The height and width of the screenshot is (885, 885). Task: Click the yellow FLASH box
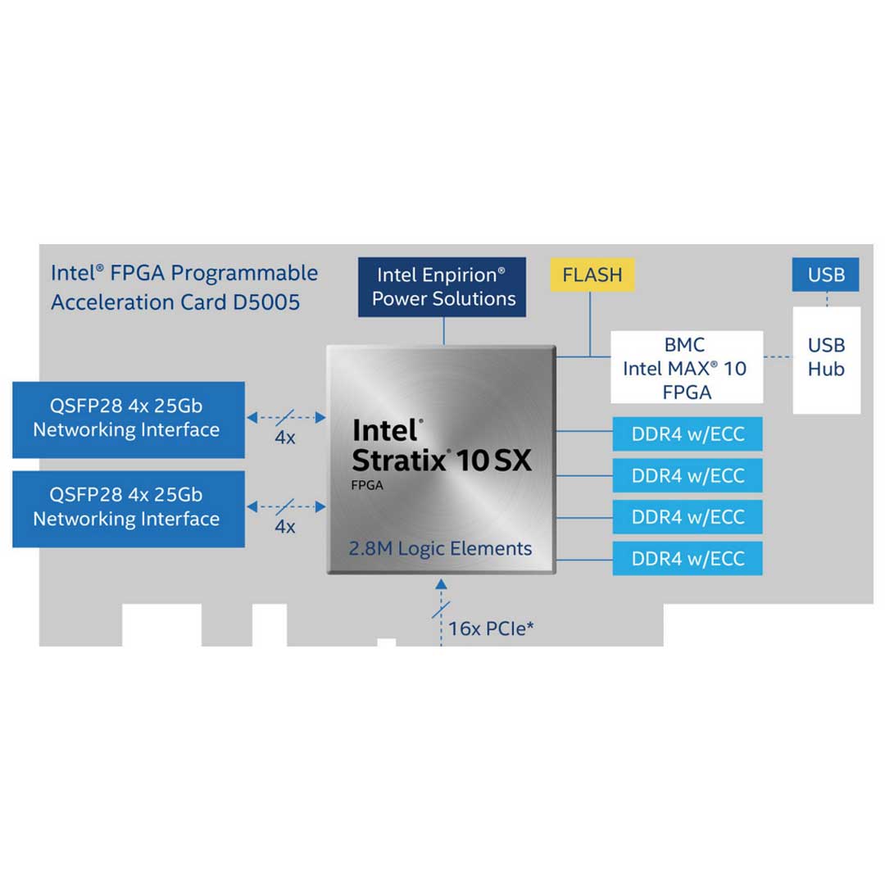click(x=592, y=275)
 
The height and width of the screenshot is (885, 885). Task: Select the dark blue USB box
click(x=826, y=275)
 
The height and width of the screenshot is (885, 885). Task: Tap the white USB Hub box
click(x=826, y=358)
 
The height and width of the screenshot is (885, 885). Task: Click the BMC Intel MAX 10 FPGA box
click(x=687, y=367)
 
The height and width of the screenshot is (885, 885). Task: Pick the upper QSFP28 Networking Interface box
click(x=129, y=419)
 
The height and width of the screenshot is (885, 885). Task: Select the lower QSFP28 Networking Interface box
click(x=129, y=508)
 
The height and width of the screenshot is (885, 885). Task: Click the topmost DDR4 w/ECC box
click(x=688, y=434)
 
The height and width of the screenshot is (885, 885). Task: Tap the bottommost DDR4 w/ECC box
click(x=688, y=559)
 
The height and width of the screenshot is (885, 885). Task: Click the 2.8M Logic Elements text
click(x=440, y=549)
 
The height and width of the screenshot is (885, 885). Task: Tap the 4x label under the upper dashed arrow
click(x=284, y=438)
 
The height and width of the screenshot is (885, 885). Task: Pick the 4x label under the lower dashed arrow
click(x=284, y=527)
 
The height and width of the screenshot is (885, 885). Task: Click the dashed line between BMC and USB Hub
click(x=778, y=356)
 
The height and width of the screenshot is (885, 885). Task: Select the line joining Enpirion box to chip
click(x=443, y=331)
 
